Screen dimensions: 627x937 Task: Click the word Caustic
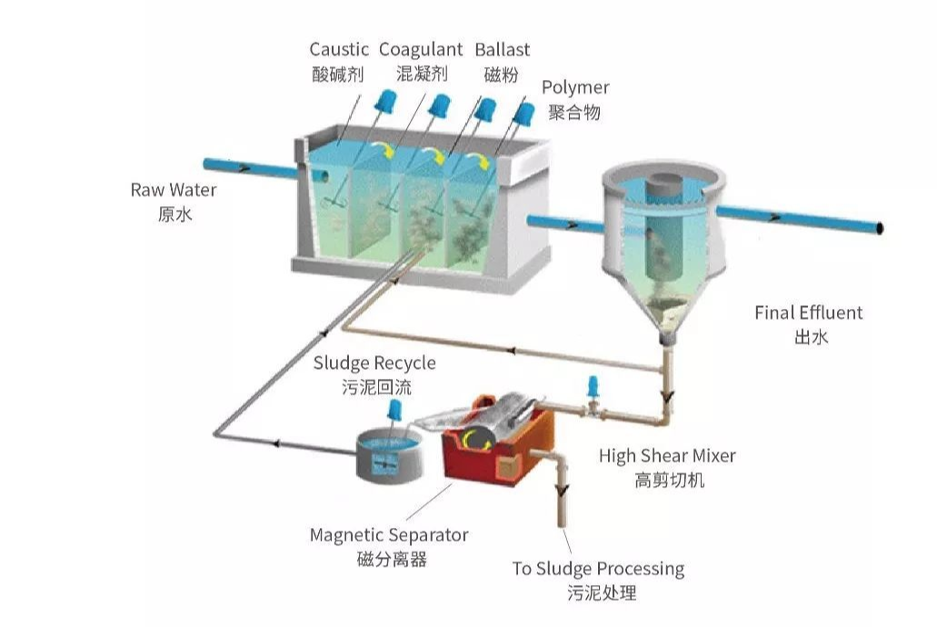click(338, 49)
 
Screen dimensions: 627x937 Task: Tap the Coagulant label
click(421, 49)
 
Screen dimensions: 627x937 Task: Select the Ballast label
click(503, 49)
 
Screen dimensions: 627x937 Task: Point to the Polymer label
click(575, 87)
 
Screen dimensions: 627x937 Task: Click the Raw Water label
click(174, 190)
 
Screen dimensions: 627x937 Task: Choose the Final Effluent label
click(808, 313)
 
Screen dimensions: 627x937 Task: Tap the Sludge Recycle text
click(374, 363)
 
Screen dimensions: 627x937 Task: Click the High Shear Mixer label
click(667, 455)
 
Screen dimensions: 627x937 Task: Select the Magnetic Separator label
click(389, 535)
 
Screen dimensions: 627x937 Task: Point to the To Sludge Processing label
click(598, 569)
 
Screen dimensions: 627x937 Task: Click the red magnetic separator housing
click(491, 445)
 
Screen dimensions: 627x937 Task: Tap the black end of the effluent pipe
click(879, 227)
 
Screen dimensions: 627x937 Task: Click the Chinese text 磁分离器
click(392, 559)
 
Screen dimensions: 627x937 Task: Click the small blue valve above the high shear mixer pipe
click(593, 386)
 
